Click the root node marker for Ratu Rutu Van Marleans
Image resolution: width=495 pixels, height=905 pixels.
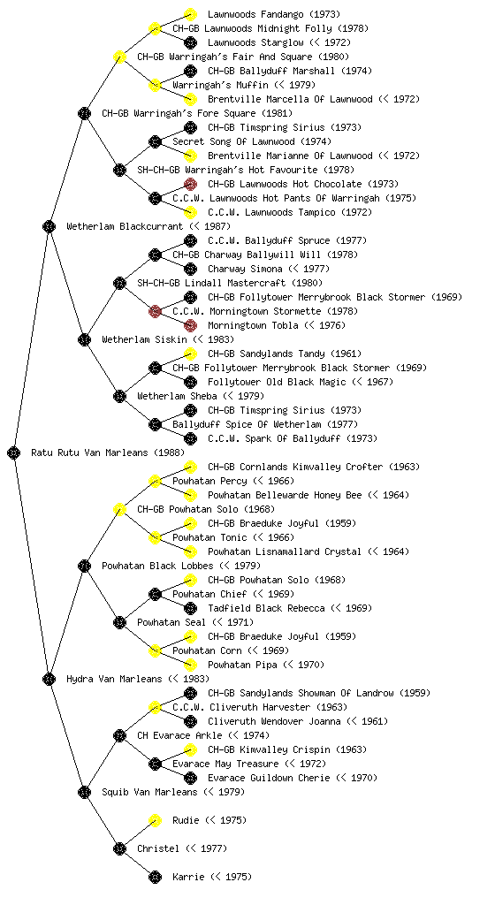[x=14, y=452]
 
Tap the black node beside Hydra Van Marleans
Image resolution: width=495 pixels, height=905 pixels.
[x=49, y=679]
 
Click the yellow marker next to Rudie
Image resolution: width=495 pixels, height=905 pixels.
[x=155, y=820]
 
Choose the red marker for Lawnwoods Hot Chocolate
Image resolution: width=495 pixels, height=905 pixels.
[x=190, y=184]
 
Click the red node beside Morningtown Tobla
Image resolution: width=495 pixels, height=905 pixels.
[x=190, y=325]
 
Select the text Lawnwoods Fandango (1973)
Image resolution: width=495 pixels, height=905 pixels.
[x=274, y=14]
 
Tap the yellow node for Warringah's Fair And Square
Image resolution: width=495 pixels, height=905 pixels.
[x=119, y=57]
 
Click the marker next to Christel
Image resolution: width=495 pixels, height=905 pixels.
[x=119, y=848]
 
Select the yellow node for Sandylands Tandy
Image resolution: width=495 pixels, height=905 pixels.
[x=190, y=354]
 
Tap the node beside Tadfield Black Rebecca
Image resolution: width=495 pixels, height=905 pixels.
[x=190, y=608]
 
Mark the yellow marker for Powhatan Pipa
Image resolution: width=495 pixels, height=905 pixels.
[x=190, y=665]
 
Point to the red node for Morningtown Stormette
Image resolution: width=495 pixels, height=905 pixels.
[x=155, y=311]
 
